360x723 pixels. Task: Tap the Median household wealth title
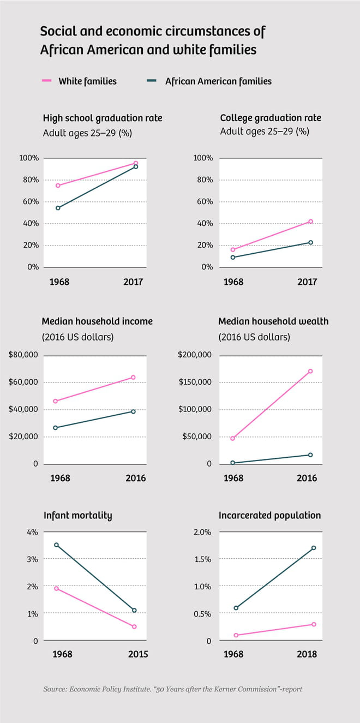point(273,321)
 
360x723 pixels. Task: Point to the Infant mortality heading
point(77,515)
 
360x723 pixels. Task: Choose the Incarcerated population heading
point(269,515)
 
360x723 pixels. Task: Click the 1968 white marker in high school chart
point(58,186)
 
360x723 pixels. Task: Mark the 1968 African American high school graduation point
point(58,208)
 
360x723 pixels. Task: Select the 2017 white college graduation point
point(311,222)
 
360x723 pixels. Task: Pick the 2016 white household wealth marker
point(310,371)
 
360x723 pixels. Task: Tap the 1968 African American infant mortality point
point(56,545)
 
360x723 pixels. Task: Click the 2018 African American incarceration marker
point(314,548)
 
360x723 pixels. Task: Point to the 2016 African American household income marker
point(133,411)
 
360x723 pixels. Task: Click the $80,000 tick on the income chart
point(23,355)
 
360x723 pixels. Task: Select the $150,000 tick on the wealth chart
point(195,382)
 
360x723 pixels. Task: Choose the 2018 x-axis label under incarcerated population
point(306,654)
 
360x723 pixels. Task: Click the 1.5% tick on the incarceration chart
point(202,559)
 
